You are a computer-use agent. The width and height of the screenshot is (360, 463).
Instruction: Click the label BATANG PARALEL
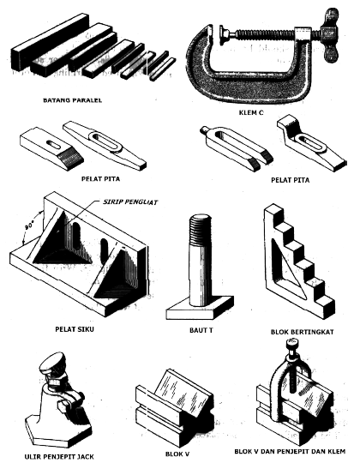coord(73,100)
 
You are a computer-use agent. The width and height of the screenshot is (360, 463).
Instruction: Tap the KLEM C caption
coord(251,112)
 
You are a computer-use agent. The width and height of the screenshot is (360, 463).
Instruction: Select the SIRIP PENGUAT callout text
coord(130,202)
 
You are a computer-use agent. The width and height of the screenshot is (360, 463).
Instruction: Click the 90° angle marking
coord(29,226)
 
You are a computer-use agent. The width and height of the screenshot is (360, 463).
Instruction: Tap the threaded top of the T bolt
coord(200,229)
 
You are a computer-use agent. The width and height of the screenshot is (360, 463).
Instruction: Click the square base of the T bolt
coord(199,309)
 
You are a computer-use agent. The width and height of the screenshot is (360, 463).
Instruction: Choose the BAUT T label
coord(201,330)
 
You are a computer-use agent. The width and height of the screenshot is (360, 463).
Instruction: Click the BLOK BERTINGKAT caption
coord(303,332)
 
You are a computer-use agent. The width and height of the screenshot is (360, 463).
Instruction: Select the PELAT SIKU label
coord(75,329)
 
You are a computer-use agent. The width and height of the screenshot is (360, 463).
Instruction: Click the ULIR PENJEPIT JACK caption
coord(59,457)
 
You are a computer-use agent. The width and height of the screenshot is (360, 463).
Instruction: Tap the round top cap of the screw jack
coord(53,363)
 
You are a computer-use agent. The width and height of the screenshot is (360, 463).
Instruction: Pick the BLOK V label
coord(177,454)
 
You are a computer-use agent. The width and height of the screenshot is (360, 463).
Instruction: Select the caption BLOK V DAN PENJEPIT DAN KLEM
coord(290,452)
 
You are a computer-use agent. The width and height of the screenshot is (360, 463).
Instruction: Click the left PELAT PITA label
coord(100,178)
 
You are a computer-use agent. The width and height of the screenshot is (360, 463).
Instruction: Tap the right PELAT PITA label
coord(291,180)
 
